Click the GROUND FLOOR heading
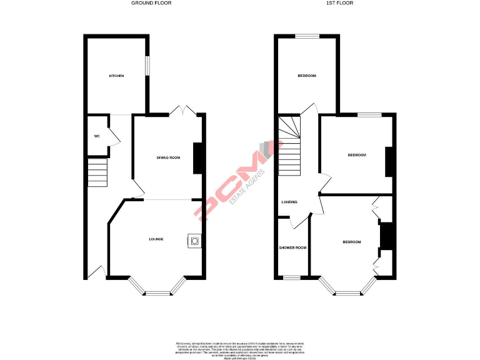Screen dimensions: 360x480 click(151, 3)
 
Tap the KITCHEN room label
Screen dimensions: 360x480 click(117, 76)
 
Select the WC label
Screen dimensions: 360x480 click(97, 136)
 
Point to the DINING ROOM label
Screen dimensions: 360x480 click(168, 157)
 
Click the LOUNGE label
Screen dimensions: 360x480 click(156, 239)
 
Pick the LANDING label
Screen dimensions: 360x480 click(289, 202)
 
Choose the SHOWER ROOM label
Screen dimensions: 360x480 click(292, 247)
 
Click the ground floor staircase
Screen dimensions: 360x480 click(98, 172)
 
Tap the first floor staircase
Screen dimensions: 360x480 click(289, 150)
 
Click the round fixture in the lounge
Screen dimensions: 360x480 click(195, 241)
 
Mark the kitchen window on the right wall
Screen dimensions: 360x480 click(147, 66)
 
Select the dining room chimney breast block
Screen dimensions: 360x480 click(199, 158)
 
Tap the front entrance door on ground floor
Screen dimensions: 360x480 click(96, 272)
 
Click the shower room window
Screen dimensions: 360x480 click(292, 277)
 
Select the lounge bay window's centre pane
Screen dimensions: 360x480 click(157, 292)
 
